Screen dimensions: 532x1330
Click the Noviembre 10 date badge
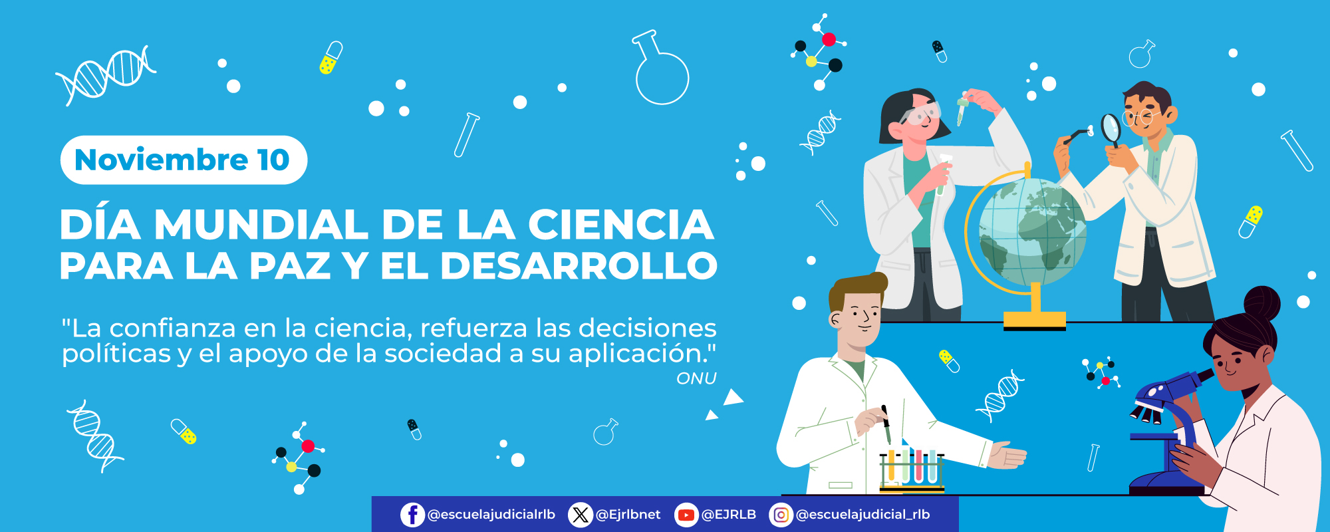point(184,160)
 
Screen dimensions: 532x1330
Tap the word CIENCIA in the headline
point(621,225)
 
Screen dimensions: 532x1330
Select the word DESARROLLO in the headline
point(579,266)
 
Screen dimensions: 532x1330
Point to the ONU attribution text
point(696,378)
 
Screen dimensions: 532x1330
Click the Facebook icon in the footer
point(412,515)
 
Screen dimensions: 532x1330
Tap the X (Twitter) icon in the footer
point(581,515)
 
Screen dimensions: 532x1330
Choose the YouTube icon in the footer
point(686,515)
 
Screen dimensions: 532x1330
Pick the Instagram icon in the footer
point(781,515)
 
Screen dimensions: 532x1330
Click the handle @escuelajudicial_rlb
point(863,515)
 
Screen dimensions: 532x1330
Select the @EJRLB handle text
point(729,515)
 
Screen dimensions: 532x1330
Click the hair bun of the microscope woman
point(1262,303)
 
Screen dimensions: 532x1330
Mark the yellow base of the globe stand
point(1034,320)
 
